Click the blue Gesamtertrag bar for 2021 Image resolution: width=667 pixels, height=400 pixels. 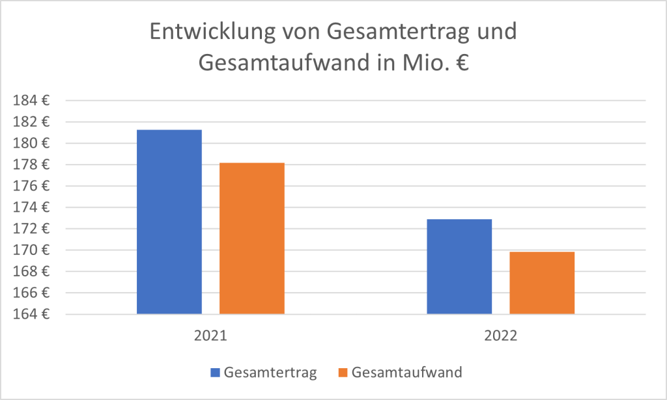coord(169,222)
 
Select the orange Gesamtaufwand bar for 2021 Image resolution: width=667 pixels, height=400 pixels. coord(252,238)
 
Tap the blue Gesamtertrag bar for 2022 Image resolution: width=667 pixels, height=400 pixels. coord(459,267)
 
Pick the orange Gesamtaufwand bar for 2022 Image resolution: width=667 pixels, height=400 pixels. coord(542,283)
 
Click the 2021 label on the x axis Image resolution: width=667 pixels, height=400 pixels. coord(210,336)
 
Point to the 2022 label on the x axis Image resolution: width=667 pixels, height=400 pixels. coord(500,336)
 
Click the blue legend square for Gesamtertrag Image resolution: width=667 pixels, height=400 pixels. coord(216,373)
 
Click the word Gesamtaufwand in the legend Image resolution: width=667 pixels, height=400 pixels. coord(406,373)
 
